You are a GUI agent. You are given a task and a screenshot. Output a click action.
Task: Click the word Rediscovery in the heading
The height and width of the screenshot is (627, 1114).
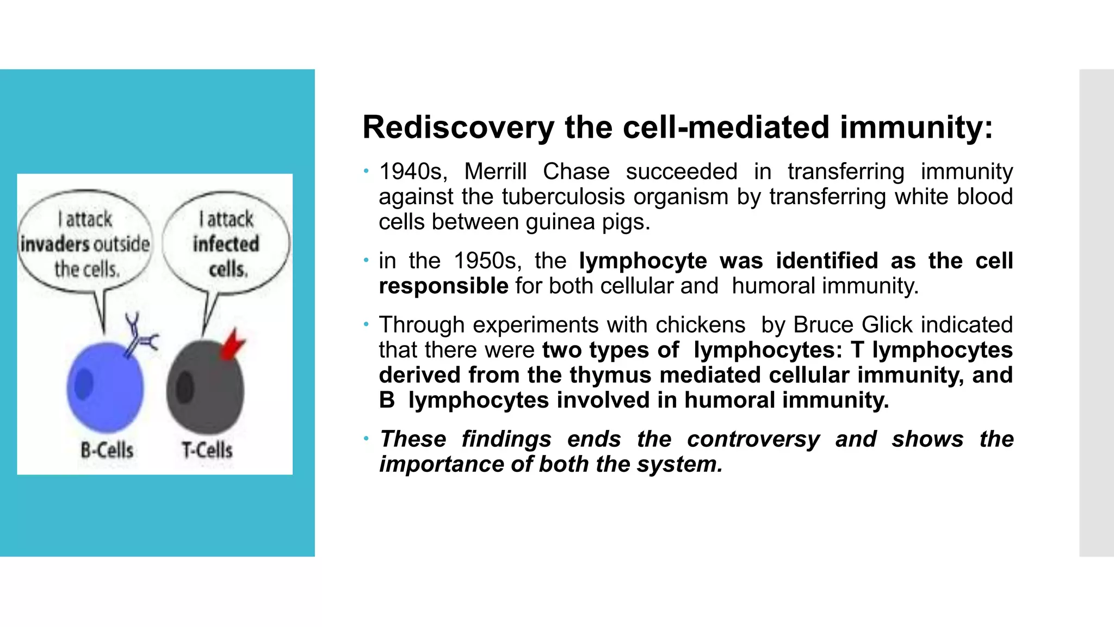pyautogui.click(x=458, y=128)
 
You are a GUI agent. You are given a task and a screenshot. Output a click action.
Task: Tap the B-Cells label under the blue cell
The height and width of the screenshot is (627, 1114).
pyautogui.click(x=107, y=450)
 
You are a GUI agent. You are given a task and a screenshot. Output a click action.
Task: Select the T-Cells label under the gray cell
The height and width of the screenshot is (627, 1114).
pyautogui.click(x=207, y=450)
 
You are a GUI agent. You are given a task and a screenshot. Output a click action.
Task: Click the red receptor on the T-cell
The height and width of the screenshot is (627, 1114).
pyautogui.click(x=232, y=345)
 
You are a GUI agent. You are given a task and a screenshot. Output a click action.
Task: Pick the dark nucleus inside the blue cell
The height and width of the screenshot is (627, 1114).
pyautogui.click(x=84, y=384)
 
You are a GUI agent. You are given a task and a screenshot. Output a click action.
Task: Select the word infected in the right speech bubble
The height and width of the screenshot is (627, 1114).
pyautogui.click(x=226, y=244)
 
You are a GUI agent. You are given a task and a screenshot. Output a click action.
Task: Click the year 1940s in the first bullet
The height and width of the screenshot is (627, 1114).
pyautogui.click(x=413, y=172)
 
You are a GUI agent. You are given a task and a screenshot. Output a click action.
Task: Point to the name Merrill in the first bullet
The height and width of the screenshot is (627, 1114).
pyautogui.click(x=495, y=172)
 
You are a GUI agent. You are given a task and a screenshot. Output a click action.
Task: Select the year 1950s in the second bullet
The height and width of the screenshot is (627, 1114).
pyautogui.click(x=487, y=261)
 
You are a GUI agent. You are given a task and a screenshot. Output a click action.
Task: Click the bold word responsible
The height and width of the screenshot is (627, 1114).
pyautogui.click(x=443, y=286)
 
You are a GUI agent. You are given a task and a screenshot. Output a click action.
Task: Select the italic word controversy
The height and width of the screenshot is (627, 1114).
pyautogui.click(x=753, y=440)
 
